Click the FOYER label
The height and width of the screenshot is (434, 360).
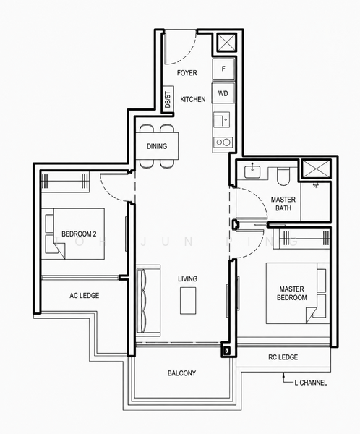(x=187, y=73)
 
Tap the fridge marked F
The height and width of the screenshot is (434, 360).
(x=223, y=69)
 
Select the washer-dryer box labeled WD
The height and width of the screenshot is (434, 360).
(x=223, y=93)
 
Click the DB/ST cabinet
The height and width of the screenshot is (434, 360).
(x=168, y=99)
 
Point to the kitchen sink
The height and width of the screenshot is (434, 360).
(x=222, y=120)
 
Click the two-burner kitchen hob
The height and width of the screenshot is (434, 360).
(x=223, y=142)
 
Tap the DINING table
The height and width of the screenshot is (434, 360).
(x=157, y=146)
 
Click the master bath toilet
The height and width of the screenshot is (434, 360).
(x=283, y=176)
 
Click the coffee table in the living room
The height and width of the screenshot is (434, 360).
(x=188, y=301)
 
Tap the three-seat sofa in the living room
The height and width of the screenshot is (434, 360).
(x=148, y=301)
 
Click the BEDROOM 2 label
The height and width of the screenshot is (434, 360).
(x=79, y=234)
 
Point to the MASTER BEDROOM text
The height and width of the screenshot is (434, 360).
(x=291, y=293)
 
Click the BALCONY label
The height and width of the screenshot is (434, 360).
(x=181, y=373)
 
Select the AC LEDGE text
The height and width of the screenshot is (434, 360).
(x=84, y=296)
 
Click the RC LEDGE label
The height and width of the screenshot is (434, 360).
(x=283, y=357)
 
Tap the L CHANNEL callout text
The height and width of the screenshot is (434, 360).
(x=311, y=383)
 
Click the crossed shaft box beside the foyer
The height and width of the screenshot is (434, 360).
(x=226, y=43)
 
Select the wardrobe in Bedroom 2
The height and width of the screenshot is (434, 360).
(x=65, y=182)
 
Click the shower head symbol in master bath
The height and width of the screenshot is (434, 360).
(x=315, y=185)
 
